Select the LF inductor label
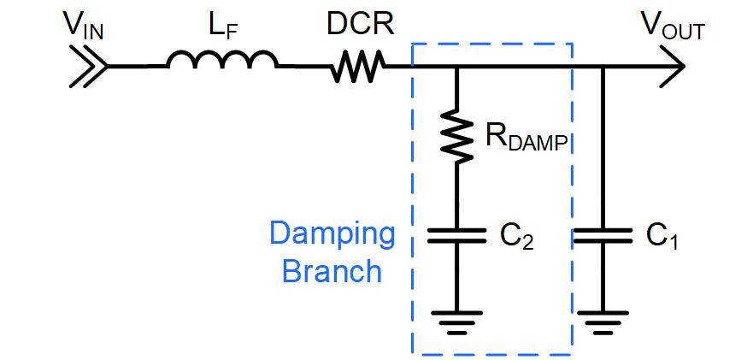(223, 27)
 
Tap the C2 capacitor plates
(457, 236)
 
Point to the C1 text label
(661, 236)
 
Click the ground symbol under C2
(457, 321)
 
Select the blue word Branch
(332, 271)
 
